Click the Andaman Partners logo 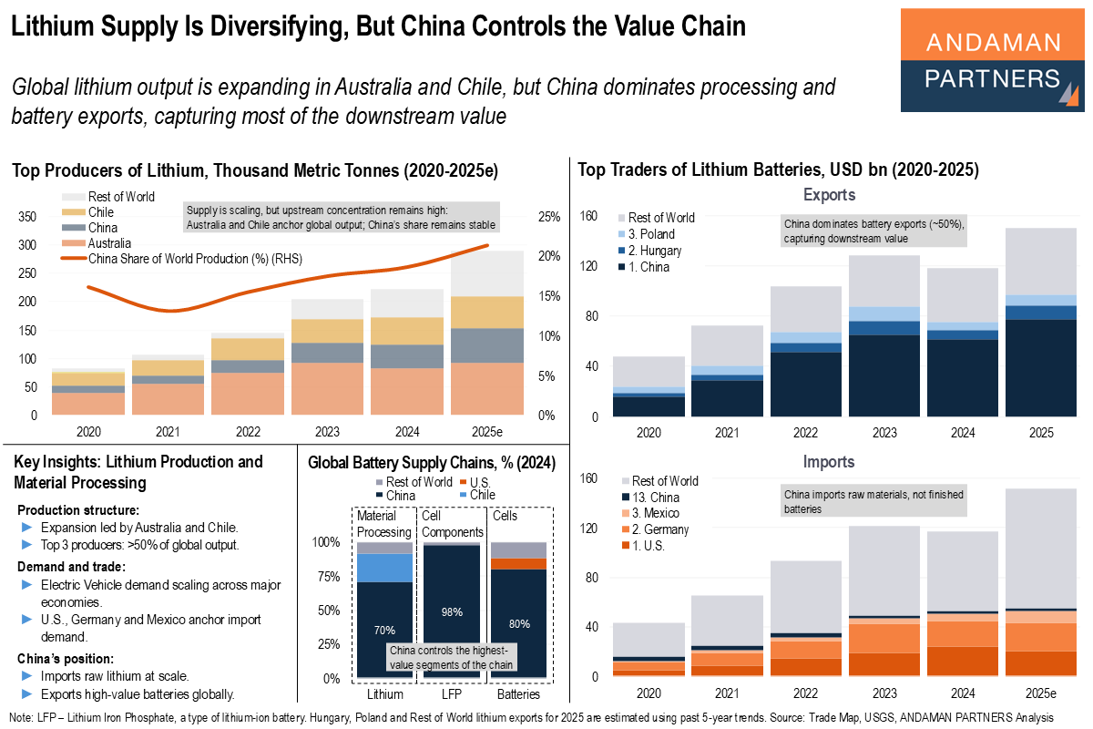992,61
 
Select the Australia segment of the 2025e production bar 487,388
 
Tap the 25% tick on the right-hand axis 548,217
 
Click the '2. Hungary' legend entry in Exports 654,251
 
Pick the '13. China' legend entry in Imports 653,498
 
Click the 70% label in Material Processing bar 383,629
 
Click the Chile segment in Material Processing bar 383,567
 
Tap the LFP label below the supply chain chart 450,694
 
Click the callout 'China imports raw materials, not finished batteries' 873,502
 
